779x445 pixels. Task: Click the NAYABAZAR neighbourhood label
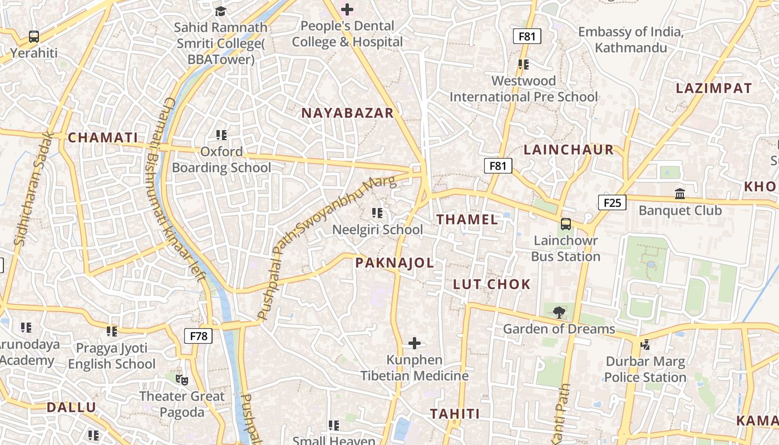click(x=347, y=113)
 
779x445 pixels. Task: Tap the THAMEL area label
click(x=467, y=219)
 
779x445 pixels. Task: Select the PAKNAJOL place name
click(x=395, y=263)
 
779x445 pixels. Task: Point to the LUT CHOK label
click(x=492, y=284)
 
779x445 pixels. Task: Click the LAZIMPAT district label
click(x=713, y=88)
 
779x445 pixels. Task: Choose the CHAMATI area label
click(x=103, y=137)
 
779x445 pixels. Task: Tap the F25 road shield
click(x=612, y=202)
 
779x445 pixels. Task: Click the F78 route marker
click(x=199, y=335)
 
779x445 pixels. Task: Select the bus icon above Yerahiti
click(x=34, y=37)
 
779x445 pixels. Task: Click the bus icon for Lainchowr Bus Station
click(x=565, y=224)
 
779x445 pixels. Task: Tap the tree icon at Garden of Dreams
click(x=559, y=312)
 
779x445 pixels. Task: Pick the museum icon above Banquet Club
click(x=679, y=194)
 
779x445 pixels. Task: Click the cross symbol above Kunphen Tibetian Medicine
click(x=415, y=343)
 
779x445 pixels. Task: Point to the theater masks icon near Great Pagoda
click(x=181, y=380)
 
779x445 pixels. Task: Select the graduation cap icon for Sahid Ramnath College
click(x=221, y=11)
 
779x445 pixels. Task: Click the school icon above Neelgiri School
click(x=377, y=213)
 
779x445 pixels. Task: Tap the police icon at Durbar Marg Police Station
click(x=645, y=345)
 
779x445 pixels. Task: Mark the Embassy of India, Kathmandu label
click(x=630, y=39)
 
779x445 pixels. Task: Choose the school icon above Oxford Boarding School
click(x=221, y=135)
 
